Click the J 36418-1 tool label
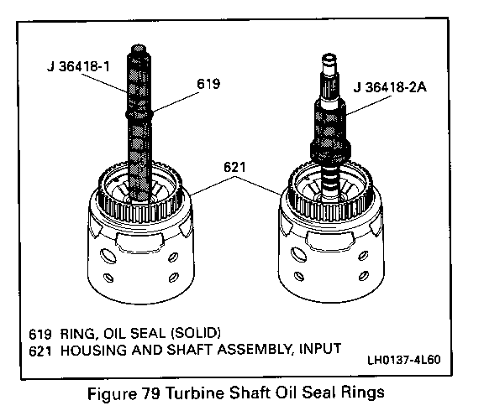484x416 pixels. point(78,66)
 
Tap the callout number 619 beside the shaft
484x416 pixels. point(208,84)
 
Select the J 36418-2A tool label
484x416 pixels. point(390,87)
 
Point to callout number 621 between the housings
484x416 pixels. point(234,167)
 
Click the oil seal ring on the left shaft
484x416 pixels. point(139,114)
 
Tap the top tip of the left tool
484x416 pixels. point(139,46)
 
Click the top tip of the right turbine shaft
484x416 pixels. point(329,55)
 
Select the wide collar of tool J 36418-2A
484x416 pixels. point(330,149)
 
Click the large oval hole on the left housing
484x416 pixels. point(108,255)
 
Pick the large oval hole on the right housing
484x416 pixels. point(298,254)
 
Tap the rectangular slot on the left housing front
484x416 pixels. point(139,242)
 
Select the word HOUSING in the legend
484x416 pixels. point(93,351)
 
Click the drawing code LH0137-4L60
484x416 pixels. point(403,360)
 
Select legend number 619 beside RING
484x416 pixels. point(40,334)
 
